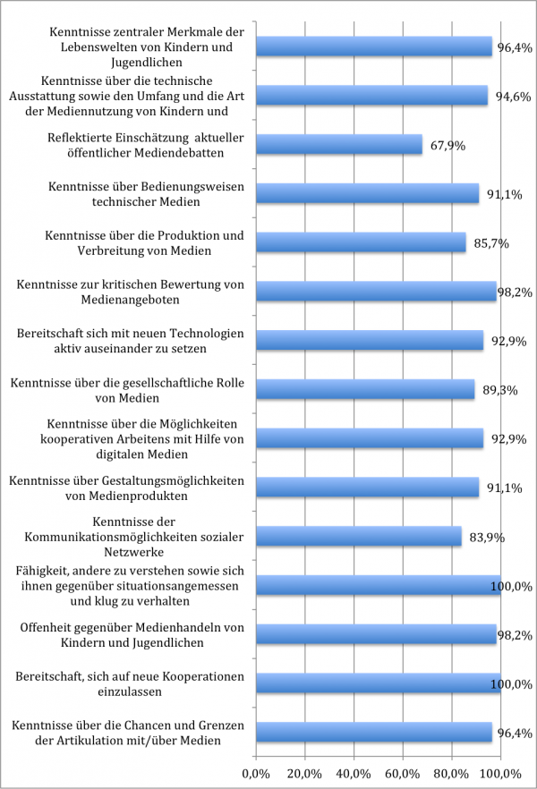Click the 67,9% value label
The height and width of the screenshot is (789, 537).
pyautogui.click(x=447, y=145)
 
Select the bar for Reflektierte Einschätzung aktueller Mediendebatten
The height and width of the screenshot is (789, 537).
pyautogui.click(x=339, y=145)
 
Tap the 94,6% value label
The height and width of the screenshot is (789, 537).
pyautogui.click(x=514, y=96)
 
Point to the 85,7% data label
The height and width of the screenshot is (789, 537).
pyautogui.click(x=491, y=242)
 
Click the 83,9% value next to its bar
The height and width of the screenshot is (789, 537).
pyautogui.click(x=487, y=537)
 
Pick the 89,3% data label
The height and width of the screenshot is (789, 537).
pyautogui.click(x=499, y=390)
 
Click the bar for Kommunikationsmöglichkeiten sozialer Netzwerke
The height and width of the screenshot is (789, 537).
pyautogui.click(x=359, y=537)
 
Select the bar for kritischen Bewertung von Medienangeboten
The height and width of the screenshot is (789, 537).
pyautogui.click(x=376, y=292)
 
